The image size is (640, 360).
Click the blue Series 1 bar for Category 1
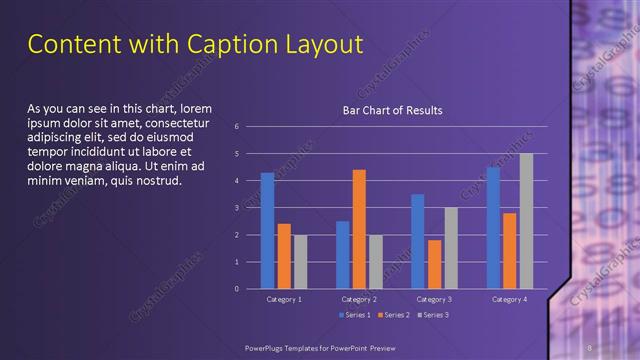(267, 231)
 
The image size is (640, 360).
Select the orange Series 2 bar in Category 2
(359, 229)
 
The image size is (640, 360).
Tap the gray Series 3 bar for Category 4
(526, 221)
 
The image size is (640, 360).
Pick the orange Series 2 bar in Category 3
(434, 264)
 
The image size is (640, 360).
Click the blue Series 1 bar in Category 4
(493, 228)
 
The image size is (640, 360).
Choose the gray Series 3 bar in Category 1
(300, 262)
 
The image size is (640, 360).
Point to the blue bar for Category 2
(343, 255)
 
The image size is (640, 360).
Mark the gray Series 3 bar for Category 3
(451, 248)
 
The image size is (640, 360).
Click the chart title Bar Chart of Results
(392, 110)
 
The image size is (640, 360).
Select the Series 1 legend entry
(354, 315)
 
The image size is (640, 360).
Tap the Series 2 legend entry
(393, 315)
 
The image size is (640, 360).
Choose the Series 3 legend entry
(432, 315)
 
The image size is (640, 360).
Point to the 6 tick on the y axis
(237, 127)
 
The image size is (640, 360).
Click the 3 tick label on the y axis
(237, 208)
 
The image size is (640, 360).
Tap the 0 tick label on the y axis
(237, 289)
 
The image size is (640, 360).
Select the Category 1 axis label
(284, 299)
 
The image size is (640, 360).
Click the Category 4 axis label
(509, 299)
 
